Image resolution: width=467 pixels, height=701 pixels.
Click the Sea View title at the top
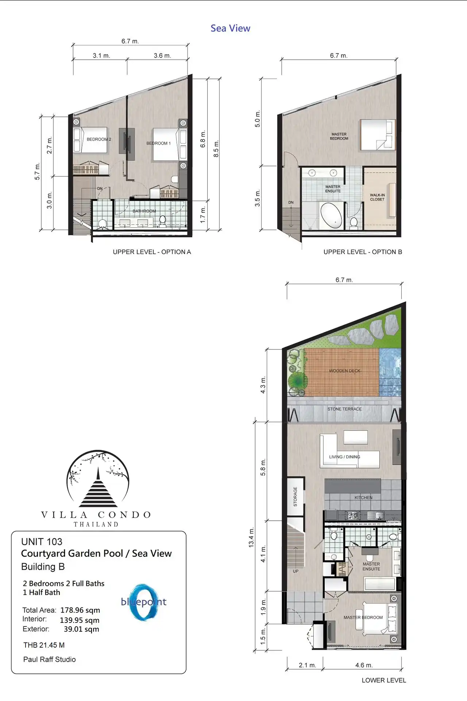[230, 28]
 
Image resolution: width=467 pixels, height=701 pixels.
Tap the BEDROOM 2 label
[99, 139]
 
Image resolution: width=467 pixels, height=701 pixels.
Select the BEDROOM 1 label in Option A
[158, 143]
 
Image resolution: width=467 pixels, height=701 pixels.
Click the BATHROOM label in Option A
[144, 211]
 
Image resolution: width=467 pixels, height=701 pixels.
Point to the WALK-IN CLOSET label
[377, 197]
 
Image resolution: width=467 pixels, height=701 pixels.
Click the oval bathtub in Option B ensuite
[331, 215]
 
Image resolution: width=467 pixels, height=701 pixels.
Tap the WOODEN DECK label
[344, 371]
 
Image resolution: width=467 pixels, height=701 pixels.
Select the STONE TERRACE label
[344, 409]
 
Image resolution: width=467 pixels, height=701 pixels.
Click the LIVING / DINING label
[344, 457]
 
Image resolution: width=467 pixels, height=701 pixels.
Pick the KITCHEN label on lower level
[363, 498]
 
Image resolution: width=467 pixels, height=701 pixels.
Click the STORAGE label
[295, 497]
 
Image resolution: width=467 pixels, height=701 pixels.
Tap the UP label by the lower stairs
[296, 571]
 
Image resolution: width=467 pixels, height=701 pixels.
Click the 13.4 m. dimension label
[251, 537]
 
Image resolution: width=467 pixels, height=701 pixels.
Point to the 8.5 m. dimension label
[216, 149]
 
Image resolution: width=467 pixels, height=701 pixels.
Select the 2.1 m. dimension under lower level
[307, 665]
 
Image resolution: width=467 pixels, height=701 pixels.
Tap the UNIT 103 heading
[42, 541]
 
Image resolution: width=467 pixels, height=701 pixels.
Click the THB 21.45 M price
[44, 645]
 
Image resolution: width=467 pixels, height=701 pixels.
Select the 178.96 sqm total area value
[80, 610]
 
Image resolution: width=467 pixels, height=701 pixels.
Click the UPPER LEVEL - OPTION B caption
[363, 252]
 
